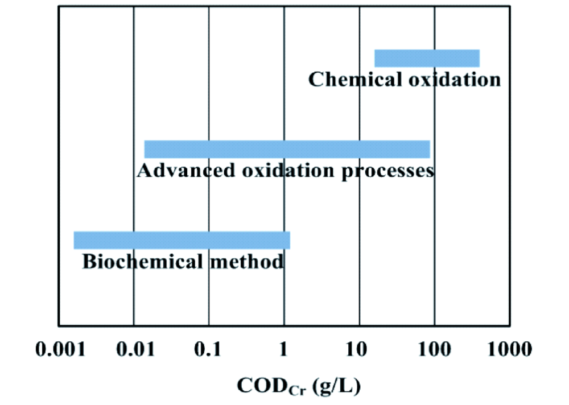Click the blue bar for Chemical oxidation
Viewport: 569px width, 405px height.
[x=427, y=59]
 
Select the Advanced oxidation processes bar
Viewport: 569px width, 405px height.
[x=287, y=149]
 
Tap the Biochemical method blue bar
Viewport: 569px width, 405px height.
[x=182, y=240]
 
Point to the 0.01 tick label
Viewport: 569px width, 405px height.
[x=134, y=349]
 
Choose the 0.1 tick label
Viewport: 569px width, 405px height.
[x=208, y=349]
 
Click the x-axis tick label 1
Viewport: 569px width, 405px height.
[x=283, y=349]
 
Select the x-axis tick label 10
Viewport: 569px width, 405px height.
[x=359, y=349]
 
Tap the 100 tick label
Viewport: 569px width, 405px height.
[x=434, y=349]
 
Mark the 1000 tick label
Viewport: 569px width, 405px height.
[x=510, y=349]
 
